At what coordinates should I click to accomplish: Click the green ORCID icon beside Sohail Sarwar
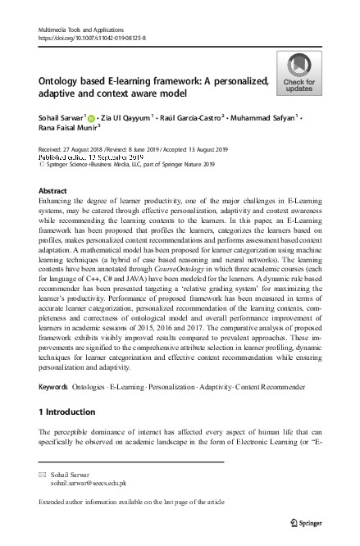pos(91,118)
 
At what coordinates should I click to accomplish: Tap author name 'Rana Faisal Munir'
pos(67,129)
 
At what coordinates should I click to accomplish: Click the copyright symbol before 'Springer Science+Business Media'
pos(43,164)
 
